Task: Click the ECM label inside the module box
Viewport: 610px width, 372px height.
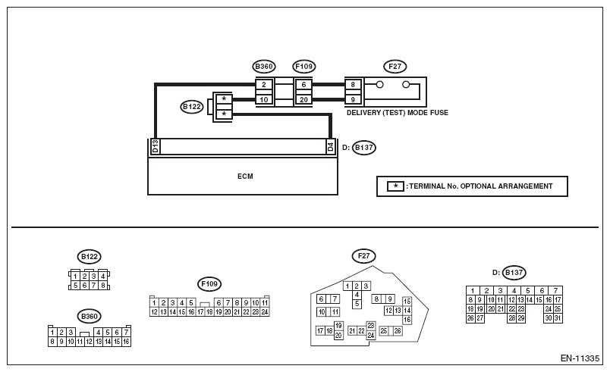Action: (x=245, y=177)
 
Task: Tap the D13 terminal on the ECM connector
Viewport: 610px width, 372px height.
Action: (x=156, y=146)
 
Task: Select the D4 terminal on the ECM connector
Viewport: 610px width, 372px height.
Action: (x=330, y=146)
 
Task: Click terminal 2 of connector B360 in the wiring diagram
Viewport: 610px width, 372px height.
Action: (x=264, y=85)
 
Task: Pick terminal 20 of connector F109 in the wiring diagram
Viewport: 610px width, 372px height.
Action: (x=303, y=99)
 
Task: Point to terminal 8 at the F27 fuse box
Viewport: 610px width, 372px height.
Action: (x=353, y=85)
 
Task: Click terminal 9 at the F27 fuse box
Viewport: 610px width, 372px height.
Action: (x=353, y=99)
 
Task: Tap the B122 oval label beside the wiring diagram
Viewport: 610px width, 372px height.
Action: (x=192, y=106)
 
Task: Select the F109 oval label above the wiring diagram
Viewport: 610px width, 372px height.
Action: (x=303, y=67)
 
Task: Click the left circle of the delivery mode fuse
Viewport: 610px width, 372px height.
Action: (x=379, y=84)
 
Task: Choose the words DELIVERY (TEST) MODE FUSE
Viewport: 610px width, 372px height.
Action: (x=398, y=113)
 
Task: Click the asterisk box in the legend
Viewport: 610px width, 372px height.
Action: (x=395, y=186)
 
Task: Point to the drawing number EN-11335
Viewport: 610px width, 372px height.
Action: (x=580, y=358)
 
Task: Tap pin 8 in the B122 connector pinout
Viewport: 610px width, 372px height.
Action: (x=102, y=286)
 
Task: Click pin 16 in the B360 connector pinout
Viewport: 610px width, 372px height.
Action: (x=126, y=342)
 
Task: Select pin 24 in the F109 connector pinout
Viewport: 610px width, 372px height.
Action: (x=265, y=312)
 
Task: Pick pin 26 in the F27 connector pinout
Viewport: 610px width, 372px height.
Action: (x=398, y=331)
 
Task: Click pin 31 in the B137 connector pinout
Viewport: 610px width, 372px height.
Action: (x=558, y=318)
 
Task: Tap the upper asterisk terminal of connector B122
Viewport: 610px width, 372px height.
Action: (x=224, y=99)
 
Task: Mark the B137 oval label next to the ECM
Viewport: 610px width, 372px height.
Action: (x=364, y=148)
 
